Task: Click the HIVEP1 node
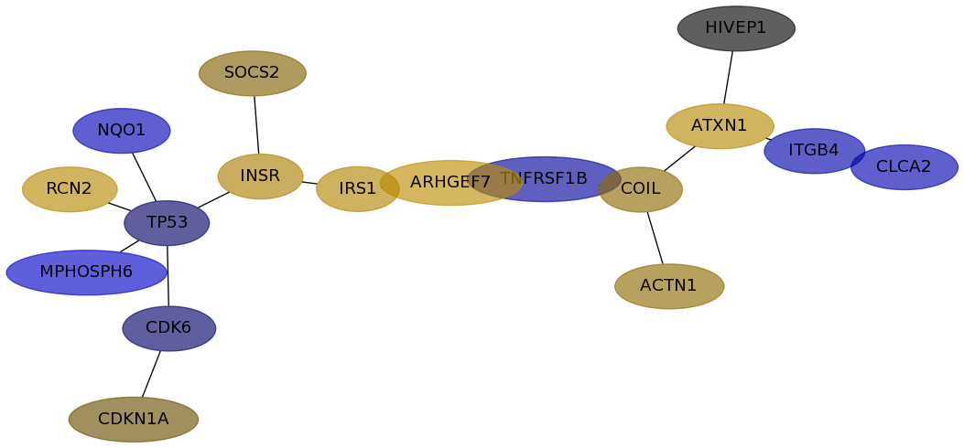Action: [736, 28]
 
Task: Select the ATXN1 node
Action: [720, 126]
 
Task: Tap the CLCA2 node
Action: [904, 167]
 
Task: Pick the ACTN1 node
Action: [669, 286]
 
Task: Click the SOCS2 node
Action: [252, 73]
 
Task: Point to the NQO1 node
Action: [122, 131]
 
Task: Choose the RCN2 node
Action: [70, 189]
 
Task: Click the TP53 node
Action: [167, 223]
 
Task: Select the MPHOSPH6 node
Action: [87, 272]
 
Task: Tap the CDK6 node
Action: [169, 328]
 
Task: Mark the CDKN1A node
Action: [134, 419]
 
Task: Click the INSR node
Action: [260, 176]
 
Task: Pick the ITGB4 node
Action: [814, 151]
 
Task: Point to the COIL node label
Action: [640, 189]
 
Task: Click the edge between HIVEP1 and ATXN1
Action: [728, 78]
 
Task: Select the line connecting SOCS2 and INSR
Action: [256, 124]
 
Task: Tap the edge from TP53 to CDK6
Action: [168, 275]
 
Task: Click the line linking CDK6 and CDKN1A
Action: [151, 374]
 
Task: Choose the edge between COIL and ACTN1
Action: [655, 238]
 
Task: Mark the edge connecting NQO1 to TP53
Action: [145, 176]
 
